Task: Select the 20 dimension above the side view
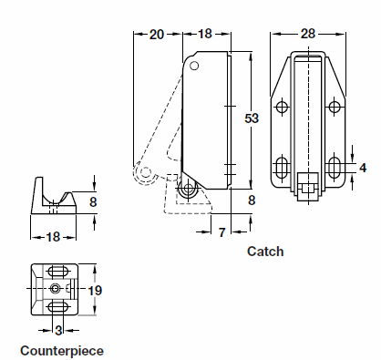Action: pyautogui.click(x=156, y=34)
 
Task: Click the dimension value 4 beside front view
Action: pyautogui.click(x=362, y=168)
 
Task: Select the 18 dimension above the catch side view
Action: pyautogui.click(x=205, y=34)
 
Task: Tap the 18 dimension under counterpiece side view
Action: pyautogui.click(x=54, y=236)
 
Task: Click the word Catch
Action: pyautogui.click(x=265, y=251)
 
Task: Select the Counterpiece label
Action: pyautogui.click(x=62, y=350)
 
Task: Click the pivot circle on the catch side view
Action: pyautogui.click(x=189, y=190)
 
